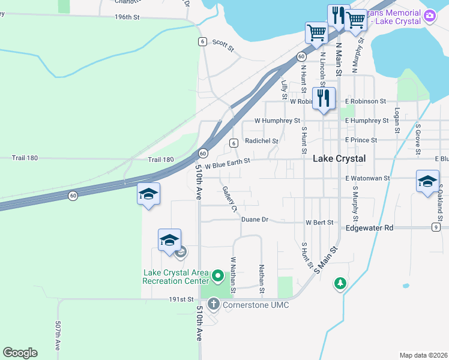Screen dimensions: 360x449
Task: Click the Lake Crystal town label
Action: [x=339, y=159]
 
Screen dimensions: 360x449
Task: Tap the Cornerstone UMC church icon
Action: [x=214, y=305]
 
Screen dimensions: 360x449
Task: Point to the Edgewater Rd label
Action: [x=369, y=228]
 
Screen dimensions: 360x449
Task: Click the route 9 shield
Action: [x=435, y=227]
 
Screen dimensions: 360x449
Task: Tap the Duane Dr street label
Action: [x=255, y=220]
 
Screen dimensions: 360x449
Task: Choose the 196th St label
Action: [x=127, y=17]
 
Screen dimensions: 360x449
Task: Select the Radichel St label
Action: [x=262, y=141]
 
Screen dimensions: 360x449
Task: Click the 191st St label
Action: [x=182, y=299]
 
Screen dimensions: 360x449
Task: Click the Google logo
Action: [x=20, y=353]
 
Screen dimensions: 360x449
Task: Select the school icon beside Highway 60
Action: [x=148, y=194]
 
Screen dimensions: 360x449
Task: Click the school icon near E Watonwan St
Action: [x=427, y=181]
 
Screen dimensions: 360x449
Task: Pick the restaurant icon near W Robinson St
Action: [x=324, y=98]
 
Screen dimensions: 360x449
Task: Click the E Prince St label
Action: [x=361, y=140]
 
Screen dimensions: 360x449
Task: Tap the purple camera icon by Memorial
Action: [x=429, y=17]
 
